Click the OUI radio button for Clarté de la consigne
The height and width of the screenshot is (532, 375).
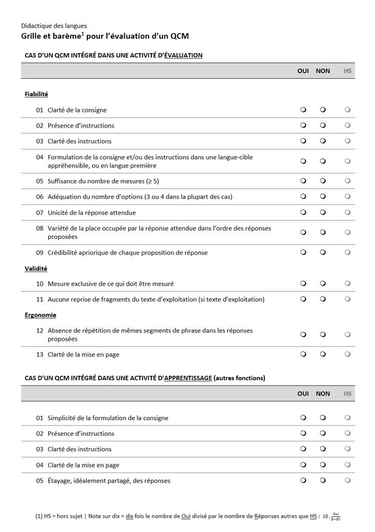303,110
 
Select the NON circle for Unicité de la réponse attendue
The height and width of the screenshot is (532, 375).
323,213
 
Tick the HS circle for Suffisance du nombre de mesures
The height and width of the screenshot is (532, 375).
347,181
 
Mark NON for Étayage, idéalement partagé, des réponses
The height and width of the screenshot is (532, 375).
323,481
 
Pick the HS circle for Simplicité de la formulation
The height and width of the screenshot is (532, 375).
347,418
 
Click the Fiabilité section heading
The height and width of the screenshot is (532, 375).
36,94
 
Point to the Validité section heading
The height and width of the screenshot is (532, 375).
36,268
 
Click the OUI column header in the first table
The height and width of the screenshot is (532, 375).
303,71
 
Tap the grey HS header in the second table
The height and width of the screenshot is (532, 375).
347,394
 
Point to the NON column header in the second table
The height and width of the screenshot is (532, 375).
322,394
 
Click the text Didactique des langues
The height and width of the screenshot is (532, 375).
54,26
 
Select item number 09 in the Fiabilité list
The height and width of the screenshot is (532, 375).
39,253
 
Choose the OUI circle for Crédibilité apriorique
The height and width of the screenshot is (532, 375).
303,253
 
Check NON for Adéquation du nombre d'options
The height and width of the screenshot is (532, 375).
323,197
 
